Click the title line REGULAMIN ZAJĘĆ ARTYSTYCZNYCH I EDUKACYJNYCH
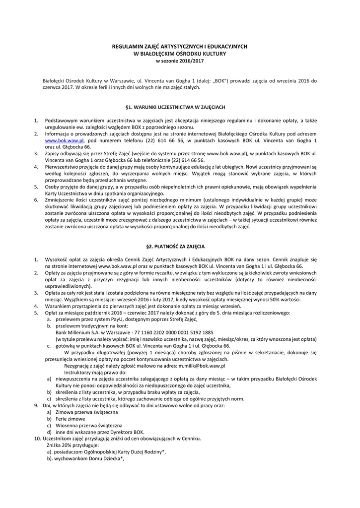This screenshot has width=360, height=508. pos(180,46)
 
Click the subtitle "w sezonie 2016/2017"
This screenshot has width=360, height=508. pos(180,61)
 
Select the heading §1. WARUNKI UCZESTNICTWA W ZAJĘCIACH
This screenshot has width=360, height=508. pos(180,107)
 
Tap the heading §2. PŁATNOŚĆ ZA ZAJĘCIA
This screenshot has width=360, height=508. pos(180,246)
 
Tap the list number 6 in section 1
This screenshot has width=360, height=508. pos(36,198)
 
